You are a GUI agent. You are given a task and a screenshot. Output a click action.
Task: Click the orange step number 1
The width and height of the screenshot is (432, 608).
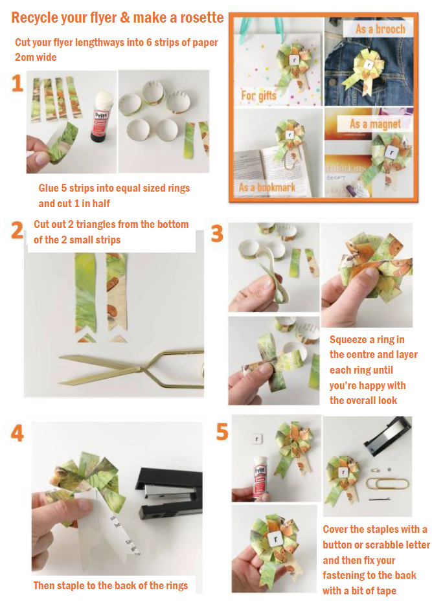click(17, 84)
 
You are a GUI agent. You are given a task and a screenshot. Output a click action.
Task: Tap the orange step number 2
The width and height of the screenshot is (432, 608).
click(17, 231)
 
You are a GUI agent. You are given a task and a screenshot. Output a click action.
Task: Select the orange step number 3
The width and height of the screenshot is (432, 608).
click(217, 234)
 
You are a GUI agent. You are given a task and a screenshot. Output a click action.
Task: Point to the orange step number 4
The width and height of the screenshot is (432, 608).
click(17, 433)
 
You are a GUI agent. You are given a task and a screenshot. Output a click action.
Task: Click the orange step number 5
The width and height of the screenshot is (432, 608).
click(222, 432)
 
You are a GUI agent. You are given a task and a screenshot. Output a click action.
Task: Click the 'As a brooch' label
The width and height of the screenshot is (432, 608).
click(380, 28)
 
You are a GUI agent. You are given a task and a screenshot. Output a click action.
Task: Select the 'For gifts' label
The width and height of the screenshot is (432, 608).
click(258, 95)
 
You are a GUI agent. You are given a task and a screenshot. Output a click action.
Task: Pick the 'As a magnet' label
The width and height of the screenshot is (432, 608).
click(375, 124)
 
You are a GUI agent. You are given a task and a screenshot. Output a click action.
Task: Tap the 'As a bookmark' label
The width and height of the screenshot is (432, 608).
click(267, 187)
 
